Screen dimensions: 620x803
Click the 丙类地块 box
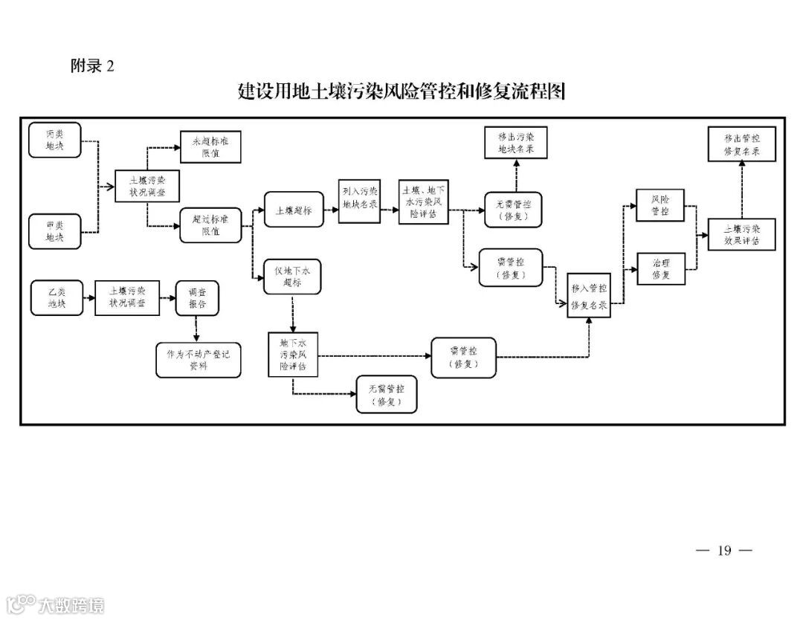click(x=54, y=141)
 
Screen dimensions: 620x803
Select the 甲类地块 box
click(x=54, y=231)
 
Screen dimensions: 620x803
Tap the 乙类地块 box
click(x=57, y=297)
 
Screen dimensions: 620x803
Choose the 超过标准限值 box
click(x=210, y=225)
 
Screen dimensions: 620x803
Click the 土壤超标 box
click(x=293, y=210)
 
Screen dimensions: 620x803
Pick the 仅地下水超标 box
click(x=292, y=277)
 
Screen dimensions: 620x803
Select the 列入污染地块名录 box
click(x=360, y=201)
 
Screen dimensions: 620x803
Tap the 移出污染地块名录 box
click(x=515, y=143)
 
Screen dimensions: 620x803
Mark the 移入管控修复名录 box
click(x=589, y=297)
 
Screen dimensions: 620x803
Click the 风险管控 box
click(x=660, y=205)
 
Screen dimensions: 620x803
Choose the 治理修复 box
click(x=660, y=268)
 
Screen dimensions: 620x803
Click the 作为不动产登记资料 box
click(x=199, y=360)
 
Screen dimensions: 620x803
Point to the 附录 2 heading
click(x=92, y=65)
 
